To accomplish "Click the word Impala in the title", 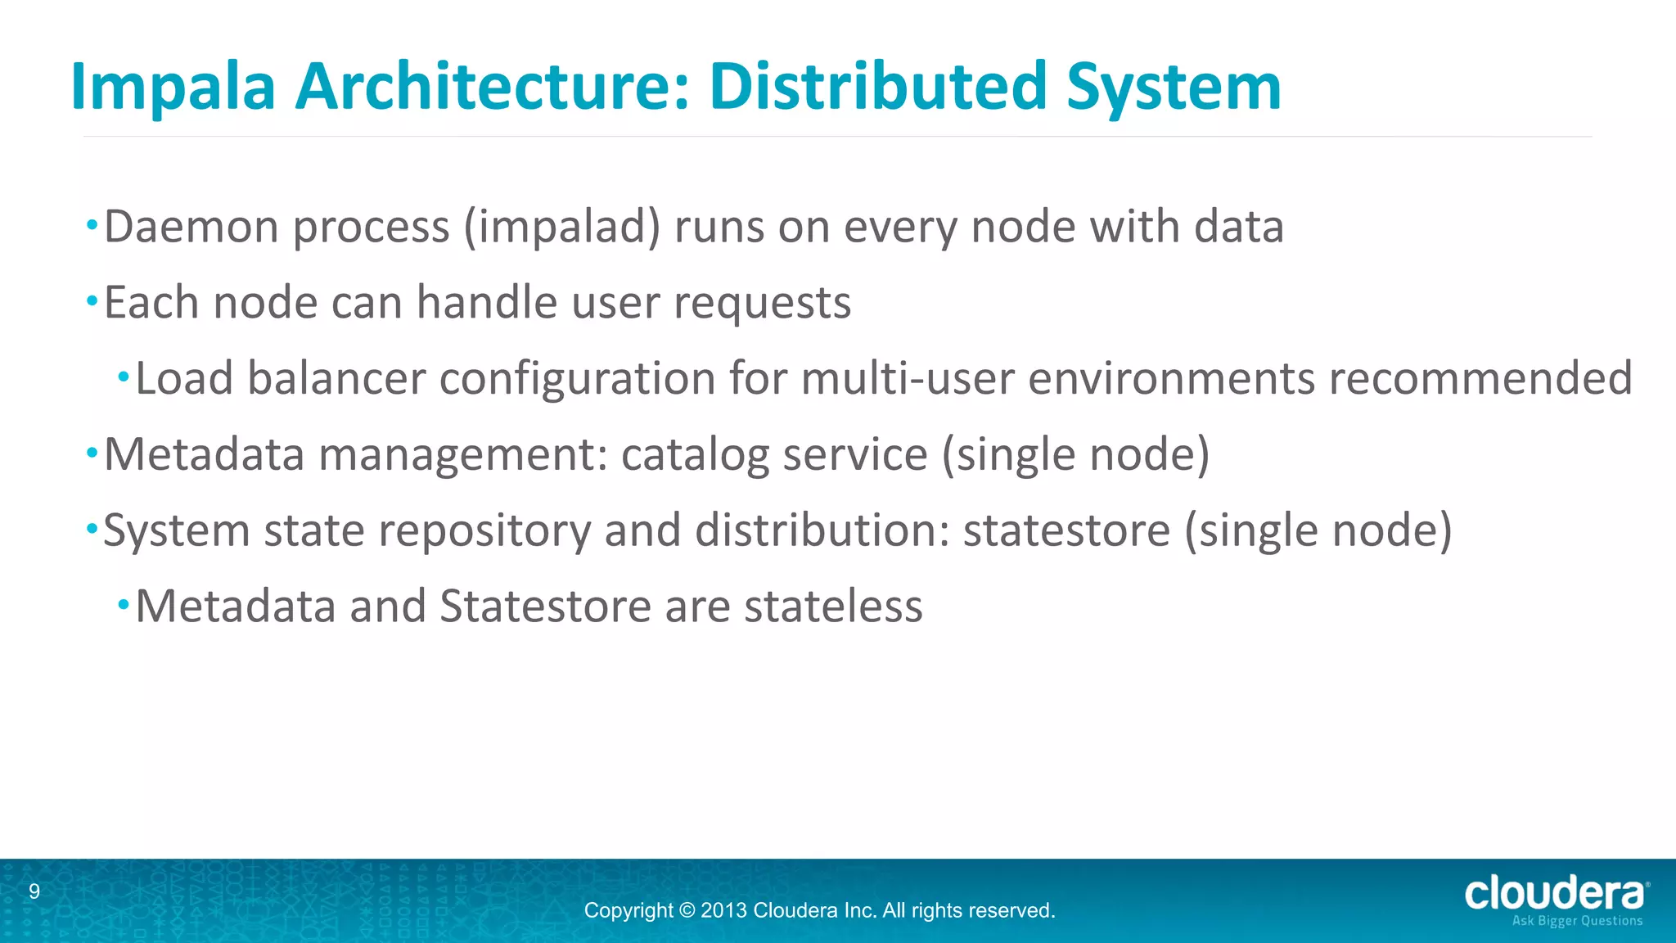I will [173, 88].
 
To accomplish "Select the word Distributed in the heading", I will [877, 86].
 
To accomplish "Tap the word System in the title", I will [1174, 88].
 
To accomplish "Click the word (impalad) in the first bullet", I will [561, 227].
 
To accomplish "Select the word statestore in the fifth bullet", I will [1066, 530].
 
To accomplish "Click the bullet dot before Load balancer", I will [124, 377].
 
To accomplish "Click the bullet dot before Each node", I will [92, 301].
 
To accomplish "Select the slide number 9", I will [34, 891].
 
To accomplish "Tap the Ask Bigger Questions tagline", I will [1577, 921].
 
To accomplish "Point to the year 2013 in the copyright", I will [723, 910].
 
